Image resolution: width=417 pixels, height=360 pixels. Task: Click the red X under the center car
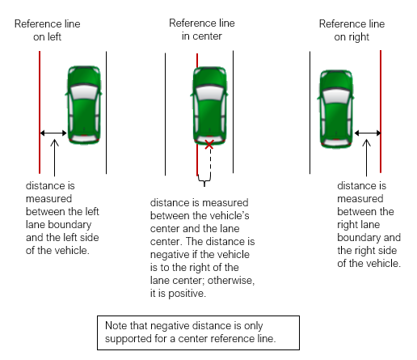[x=209, y=145]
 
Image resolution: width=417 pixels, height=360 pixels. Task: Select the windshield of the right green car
[x=336, y=95]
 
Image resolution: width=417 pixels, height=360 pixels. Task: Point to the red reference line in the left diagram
[x=40, y=112]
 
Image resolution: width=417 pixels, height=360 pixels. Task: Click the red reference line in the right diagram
[x=381, y=112]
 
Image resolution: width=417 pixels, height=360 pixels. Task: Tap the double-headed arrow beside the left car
[x=53, y=133]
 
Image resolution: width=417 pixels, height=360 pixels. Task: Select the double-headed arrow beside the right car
[x=368, y=133]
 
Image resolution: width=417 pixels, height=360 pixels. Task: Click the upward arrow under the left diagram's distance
[x=54, y=158]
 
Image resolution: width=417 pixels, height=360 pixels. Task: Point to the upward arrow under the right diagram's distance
[x=366, y=158]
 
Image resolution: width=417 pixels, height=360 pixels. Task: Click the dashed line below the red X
[x=210, y=161]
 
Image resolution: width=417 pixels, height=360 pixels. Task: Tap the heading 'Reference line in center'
[x=202, y=30]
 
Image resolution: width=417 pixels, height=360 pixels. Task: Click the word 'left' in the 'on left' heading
[x=55, y=36]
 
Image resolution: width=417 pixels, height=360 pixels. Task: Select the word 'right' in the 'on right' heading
[x=359, y=37]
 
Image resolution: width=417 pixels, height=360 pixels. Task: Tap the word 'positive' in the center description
[x=187, y=294]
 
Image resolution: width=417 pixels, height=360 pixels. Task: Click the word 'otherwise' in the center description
[x=231, y=281]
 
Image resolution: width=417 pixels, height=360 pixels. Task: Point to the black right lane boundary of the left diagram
[x=106, y=112]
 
